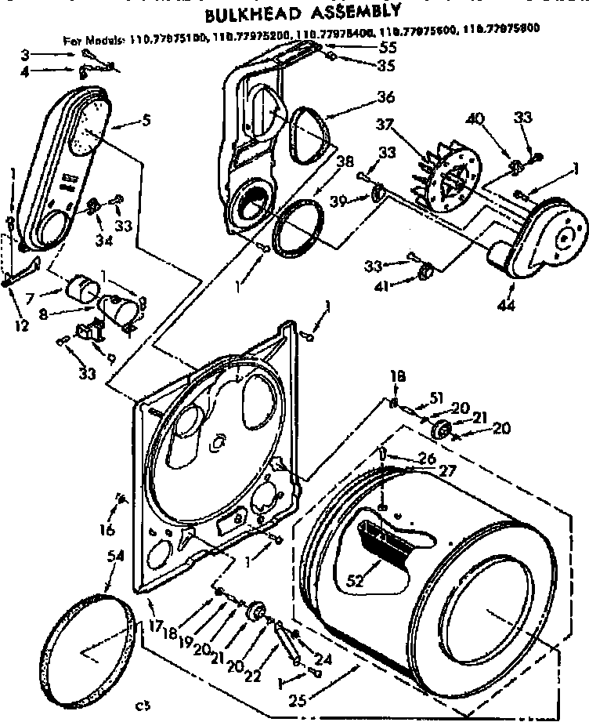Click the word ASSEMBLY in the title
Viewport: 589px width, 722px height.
tap(351, 11)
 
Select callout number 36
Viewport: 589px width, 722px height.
tap(385, 98)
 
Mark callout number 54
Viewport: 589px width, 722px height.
tap(116, 556)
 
